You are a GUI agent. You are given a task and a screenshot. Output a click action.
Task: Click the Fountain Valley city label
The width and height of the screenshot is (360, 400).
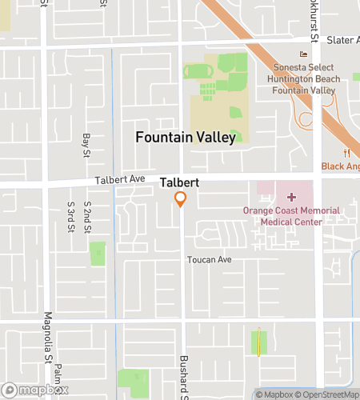pyautogui.click(x=186, y=138)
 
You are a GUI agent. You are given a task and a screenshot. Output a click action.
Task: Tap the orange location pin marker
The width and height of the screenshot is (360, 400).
pyautogui.click(x=182, y=199)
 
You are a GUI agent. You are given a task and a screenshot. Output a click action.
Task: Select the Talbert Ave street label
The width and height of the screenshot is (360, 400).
pyautogui.click(x=119, y=181)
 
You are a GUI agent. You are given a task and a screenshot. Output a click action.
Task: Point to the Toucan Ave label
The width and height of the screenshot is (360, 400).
pyautogui.click(x=209, y=260)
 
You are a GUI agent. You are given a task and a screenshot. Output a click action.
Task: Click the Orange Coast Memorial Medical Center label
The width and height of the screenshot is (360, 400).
pyautogui.click(x=291, y=216)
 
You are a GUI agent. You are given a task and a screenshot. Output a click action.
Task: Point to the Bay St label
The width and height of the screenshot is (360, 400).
pyautogui.click(x=87, y=146)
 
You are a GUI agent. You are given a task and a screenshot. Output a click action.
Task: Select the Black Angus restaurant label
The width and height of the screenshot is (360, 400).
pyautogui.click(x=341, y=166)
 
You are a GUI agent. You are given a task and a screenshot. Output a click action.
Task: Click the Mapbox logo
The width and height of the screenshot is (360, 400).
pyautogui.click(x=34, y=391)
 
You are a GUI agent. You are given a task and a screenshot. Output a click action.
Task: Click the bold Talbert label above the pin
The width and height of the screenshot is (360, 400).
pyautogui.click(x=179, y=182)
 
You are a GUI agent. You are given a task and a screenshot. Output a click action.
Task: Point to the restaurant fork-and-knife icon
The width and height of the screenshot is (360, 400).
pyautogui.click(x=346, y=153)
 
